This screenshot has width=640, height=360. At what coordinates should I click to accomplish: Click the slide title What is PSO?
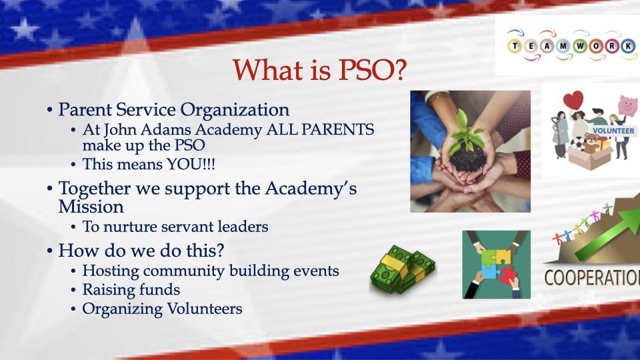(319, 70)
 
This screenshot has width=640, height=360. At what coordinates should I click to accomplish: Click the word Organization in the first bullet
(235, 110)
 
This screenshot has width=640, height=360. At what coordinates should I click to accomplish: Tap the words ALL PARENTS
(320, 130)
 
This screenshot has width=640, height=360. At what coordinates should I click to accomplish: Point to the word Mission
(91, 207)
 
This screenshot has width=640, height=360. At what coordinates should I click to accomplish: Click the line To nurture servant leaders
(175, 227)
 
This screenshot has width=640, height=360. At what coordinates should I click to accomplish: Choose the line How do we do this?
(141, 250)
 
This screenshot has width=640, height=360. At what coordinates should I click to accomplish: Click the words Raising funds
(131, 290)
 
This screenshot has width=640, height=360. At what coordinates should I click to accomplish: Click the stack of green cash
(403, 269)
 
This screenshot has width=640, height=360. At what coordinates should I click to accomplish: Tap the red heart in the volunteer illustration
(573, 101)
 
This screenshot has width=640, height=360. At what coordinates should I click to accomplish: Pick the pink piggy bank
(628, 106)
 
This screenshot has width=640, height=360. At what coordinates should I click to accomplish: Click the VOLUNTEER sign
(613, 131)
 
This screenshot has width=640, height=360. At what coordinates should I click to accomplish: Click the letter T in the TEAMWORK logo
(515, 46)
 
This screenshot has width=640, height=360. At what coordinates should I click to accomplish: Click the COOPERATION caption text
(592, 278)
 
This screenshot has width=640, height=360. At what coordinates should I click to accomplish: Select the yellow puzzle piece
(503, 256)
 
